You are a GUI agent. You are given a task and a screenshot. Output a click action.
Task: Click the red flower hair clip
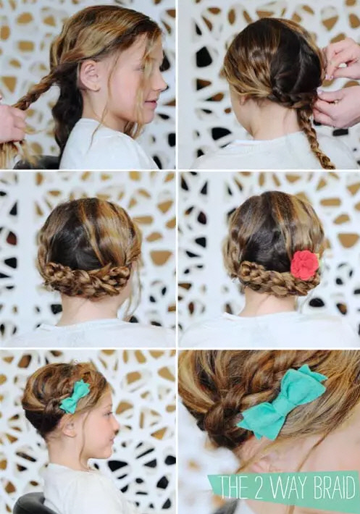pos(305,265)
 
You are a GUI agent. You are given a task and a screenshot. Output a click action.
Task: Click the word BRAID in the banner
pos(334,487)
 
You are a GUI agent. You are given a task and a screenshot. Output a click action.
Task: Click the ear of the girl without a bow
pos(90,76)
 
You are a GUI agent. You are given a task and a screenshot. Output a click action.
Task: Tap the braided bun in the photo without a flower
pos(86,277)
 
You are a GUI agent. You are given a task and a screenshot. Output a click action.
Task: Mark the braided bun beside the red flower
pos(273,278)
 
